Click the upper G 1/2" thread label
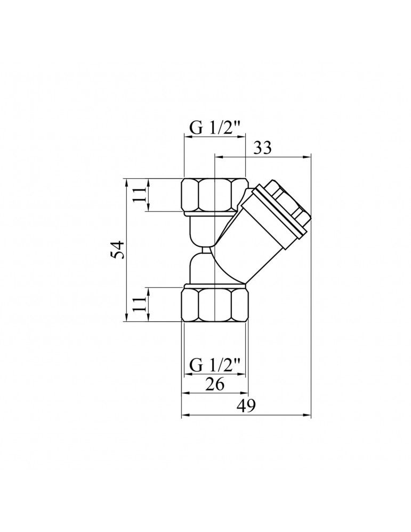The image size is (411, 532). tap(215, 128)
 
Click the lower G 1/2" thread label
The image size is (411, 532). tap(215, 366)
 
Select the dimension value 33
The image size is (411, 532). tap(262, 148)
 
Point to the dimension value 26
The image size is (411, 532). tap(215, 385)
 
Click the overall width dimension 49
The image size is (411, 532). tap(245, 406)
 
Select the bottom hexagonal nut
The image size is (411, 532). tap(215, 303)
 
